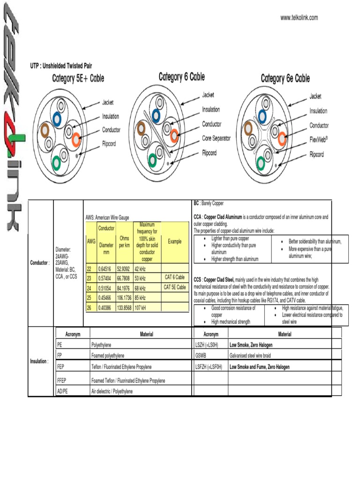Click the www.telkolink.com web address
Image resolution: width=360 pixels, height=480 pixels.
coord(299,18)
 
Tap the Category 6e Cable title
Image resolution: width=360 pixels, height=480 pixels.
coord(285,78)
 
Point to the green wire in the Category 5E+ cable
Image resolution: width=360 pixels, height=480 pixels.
coord(56,162)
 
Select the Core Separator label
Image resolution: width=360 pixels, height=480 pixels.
coord(216,139)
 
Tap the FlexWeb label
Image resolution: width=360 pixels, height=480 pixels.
coord(319,140)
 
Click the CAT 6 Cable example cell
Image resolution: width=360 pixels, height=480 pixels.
coord(175,277)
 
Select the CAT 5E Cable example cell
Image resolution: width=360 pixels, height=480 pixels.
coord(175,287)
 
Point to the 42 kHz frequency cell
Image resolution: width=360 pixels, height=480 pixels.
coord(141,269)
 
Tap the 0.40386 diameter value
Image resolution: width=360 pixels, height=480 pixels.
coord(106,307)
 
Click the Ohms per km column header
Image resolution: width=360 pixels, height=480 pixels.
coord(124,241)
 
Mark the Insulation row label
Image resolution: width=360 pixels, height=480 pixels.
coord(39,361)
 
